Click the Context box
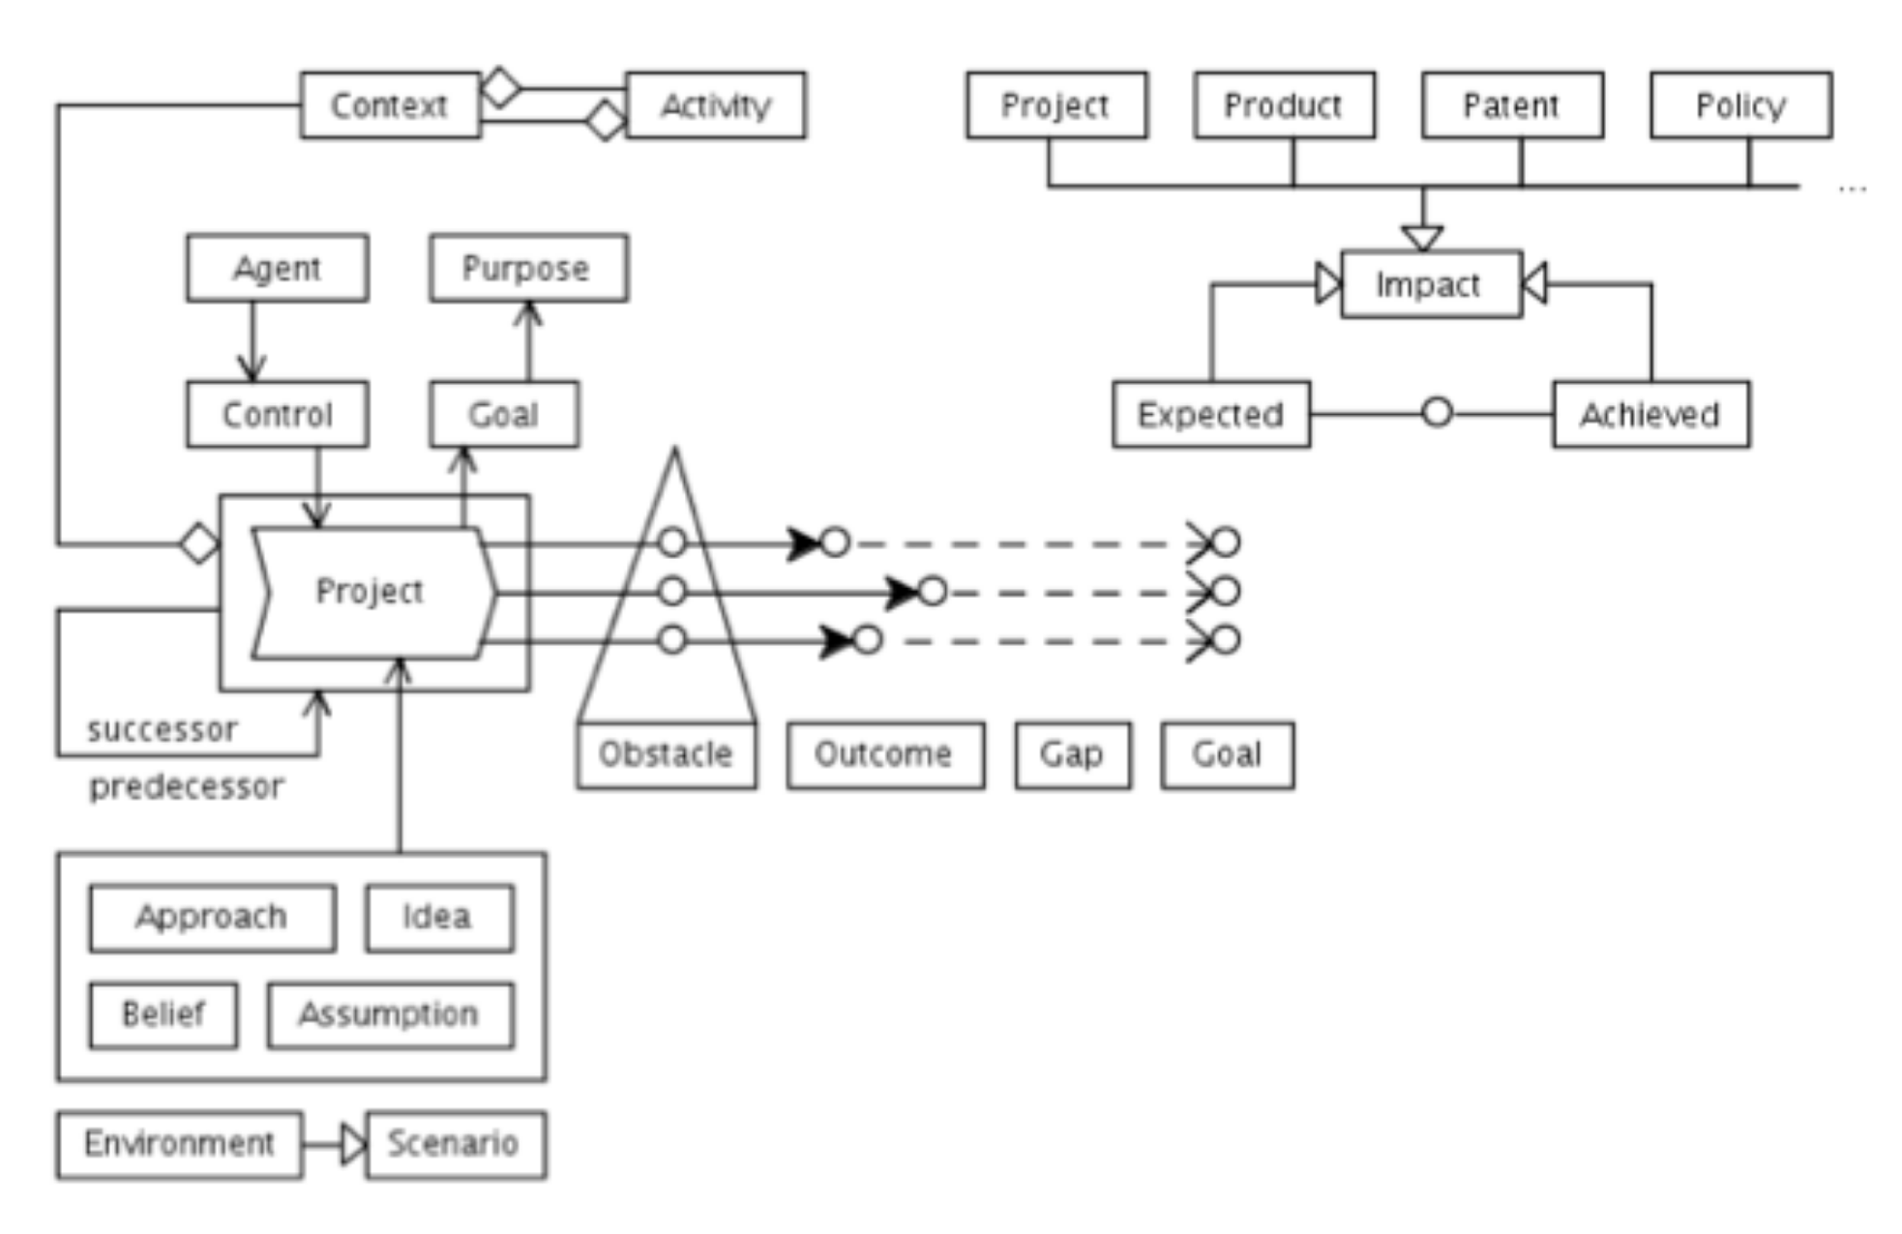pos(390,104)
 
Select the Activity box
pos(715,104)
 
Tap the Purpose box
pos(528,268)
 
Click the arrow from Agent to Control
pos(253,341)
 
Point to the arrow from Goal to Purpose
pos(529,341)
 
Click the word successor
pos(162,729)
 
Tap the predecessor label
pos(187,786)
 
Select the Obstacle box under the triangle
pos(667,754)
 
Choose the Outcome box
pos(885,754)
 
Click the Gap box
pos(1072,754)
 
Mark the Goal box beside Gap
pos(1227,754)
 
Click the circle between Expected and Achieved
pos(1437,413)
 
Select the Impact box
pos(1431,284)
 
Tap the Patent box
pos(1511,104)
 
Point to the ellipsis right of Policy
pos(1852,189)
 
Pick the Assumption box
pos(390,1014)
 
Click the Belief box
pos(163,1014)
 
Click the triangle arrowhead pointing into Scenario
pos(354,1144)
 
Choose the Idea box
pos(439,917)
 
